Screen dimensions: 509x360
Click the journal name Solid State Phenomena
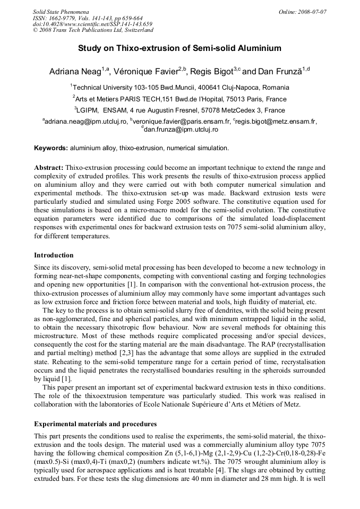(x=61, y=11)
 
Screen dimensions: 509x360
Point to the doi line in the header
(x=92, y=24)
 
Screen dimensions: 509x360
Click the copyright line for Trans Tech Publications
(x=93, y=30)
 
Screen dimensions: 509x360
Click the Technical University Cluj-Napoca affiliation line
(x=180, y=87)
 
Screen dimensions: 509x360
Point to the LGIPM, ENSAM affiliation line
(x=180, y=110)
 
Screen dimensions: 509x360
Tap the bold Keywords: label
(x=51, y=148)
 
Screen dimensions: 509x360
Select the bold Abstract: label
(x=49, y=167)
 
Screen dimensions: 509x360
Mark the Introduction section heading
(x=54, y=255)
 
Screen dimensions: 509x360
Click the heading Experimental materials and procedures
(x=95, y=424)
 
